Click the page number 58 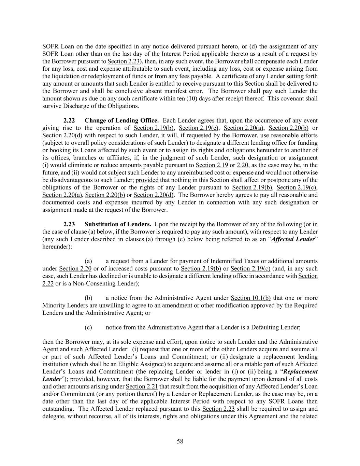pos(180,441)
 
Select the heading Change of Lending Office pos(121,121)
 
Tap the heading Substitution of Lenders pos(118,224)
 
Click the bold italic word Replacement pos(301,371)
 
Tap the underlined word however pos(107,379)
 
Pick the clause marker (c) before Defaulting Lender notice pos(88,327)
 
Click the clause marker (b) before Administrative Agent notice pos(88,298)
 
